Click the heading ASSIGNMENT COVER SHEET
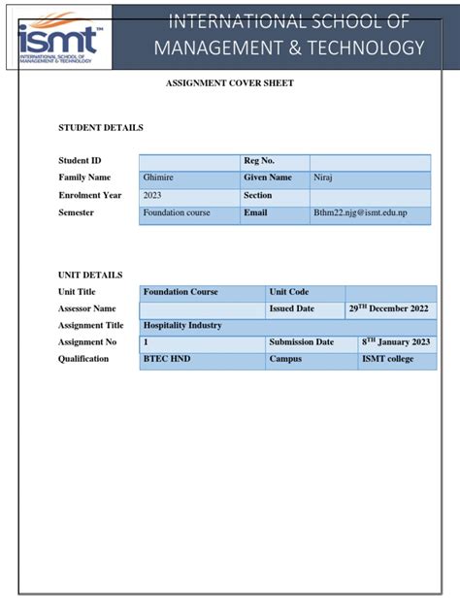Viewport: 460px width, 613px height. point(230,83)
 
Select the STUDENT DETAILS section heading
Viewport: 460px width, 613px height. point(101,128)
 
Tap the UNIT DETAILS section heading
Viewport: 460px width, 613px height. point(90,275)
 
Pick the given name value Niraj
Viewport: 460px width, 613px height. point(323,178)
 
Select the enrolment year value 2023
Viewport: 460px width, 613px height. point(152,196)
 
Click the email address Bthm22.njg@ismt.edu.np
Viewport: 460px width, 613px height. point(360,212)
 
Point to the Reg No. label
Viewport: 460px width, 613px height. point(259,161)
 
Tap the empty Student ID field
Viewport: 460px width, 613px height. point(189,161)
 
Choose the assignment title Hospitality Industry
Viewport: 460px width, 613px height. point(182,326)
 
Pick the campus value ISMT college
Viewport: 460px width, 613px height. point(387,359)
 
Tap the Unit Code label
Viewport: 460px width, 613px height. point(288,292)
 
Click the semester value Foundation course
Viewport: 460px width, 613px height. point(177,212)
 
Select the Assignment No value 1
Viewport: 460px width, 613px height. point(147,342)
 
